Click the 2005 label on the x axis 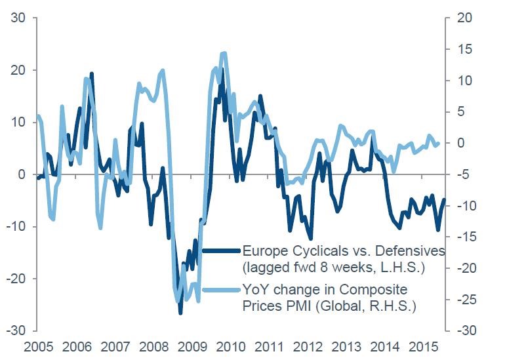click(37, 346)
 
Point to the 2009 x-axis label click(193, 346)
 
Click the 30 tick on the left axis click(18, 18)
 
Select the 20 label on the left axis click(18, 70)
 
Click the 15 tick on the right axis click(464, 49)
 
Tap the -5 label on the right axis click(464, 174)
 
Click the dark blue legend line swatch click(221, 250)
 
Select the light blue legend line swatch click(221, 290)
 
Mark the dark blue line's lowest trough click(180, 313)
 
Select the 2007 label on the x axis click(115, 346)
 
